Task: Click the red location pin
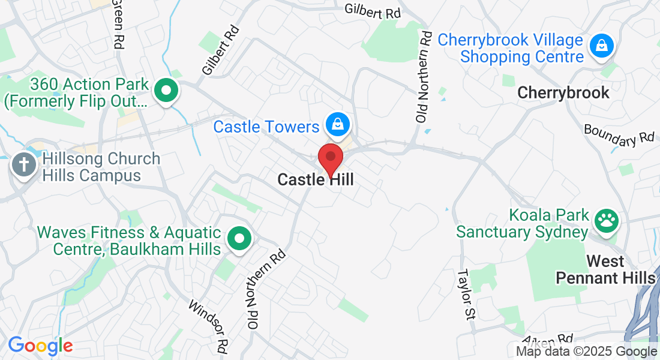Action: pyautogui.click(x=330, y=158)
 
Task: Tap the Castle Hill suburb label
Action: pyautogui.click(x=316, y=179)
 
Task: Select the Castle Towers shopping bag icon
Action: pyautogui.click(x=338, y=124)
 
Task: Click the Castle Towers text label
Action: pyautogui.click(x=266, y=127)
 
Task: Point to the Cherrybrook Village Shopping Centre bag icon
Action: pyautogui.click(x=601, y=46)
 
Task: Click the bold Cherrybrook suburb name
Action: pyautogui.click(x=563, y=93)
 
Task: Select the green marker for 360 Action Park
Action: pyautogui.click(x=167, y=91)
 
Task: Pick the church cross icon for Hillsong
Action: pyautogui.click(x=24, y=164)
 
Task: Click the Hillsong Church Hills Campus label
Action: pyautogui.click(x=100, y=167)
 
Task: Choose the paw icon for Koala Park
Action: pyautogui.click(x=607, y=221)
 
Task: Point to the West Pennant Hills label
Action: pyautogui.click(x=605, y=270)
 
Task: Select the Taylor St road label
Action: pyautogui.click(x=466, y=293)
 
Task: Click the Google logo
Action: pyautogui.click(x=40, y=346)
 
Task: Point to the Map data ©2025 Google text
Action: pyautogui.click(x=587, y=352)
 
